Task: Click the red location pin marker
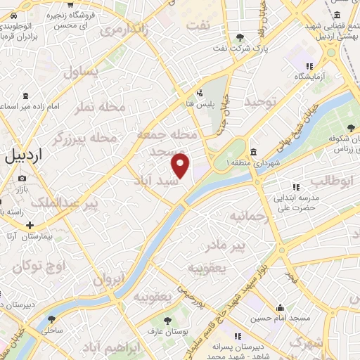click(x=181, y=166)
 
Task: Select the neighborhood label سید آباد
click(x=155, y=181)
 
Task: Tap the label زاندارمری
click(x=123, y=30)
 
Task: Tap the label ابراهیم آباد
click(x=105, y=349)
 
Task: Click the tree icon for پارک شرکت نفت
click(x=241, y=37)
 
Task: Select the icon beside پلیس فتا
click(x=200, y=93)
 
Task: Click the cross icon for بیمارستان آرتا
click(x=30, y=226)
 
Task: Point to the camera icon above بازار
click(x=20, y=179)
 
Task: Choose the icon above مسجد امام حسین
click(x=281, y=307)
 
